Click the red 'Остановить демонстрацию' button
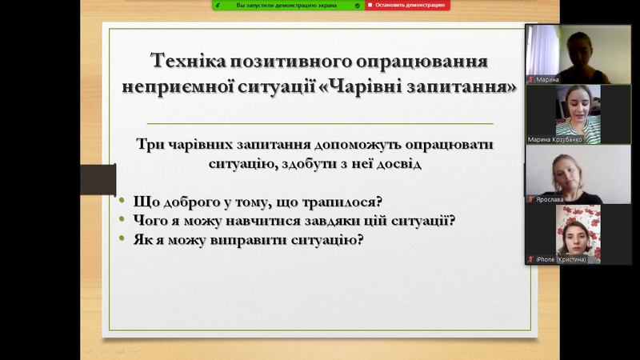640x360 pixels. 407,5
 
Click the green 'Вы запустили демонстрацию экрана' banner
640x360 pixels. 288,5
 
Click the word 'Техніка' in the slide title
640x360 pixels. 188,61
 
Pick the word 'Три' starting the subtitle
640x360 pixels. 150,144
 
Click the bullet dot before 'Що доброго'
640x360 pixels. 122,200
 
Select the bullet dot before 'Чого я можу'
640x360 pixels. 122,218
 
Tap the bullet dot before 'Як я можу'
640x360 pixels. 122,238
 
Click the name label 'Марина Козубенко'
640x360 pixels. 554,139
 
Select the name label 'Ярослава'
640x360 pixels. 550,199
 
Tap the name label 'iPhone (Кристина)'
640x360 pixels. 561,259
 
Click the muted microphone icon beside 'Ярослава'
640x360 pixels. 530,199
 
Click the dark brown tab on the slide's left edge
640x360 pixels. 98,179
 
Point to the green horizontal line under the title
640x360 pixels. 320,123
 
